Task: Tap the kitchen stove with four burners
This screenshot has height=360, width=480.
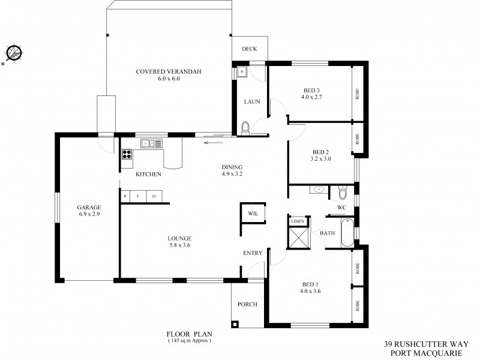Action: [x=127, y=154]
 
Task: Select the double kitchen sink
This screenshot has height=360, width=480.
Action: [x=152, y=143]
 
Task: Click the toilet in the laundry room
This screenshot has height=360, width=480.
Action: [x=244, y=128]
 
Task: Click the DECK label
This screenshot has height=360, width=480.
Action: [x=249, y=50]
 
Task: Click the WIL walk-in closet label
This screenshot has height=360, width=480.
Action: [x=252, y=212]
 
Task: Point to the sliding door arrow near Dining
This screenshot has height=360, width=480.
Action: [x=212, y=143]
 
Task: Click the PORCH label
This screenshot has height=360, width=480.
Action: [x=247, y=304]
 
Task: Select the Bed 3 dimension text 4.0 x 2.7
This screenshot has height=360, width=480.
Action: [x=312, y=97]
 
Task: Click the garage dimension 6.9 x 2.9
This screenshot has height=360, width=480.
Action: [x=89, y=214]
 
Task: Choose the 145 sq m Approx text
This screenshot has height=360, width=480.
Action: [x=190, y=341]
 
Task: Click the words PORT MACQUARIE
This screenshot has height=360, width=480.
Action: [x=422, y=354]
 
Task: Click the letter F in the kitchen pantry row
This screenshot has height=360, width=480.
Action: [x=140, y=196]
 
